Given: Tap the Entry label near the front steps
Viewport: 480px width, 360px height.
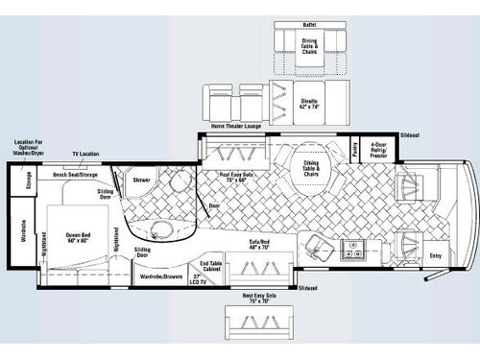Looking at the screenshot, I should (x=435, y=255).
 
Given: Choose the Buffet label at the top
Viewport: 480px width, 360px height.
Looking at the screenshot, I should (x=310, y=25).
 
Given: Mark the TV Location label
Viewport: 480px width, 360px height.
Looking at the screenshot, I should (x=86, y=155).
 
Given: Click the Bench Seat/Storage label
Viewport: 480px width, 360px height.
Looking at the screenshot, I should (x=74, y=176).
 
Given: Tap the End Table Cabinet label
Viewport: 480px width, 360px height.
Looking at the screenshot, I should (x=212, y=269).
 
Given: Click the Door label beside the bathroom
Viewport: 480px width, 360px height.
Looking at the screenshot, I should (x=214, y=206).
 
